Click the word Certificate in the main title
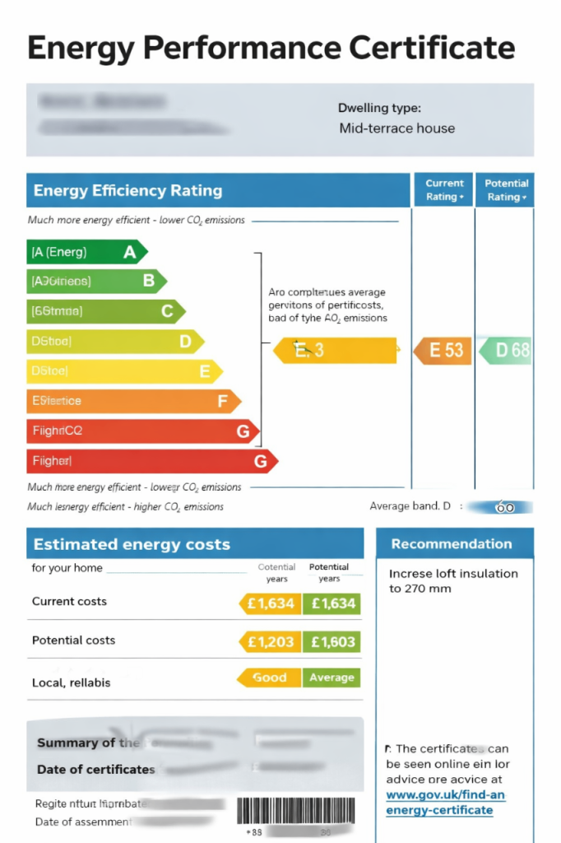click(x=432, y=48)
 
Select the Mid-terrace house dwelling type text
click(x=396, y=128)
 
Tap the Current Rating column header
click(x=444, y=190)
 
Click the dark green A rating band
click(x=86, y=252)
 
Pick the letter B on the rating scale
click(x=149, y=282)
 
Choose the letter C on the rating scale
click(x=167, y=311)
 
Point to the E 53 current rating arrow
click(x=441, y=350)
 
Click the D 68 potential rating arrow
click(x=506, y=350)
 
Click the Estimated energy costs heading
click(x=132, y=544)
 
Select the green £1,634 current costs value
click(x=332, y=603)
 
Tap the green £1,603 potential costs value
click(x=332, y=642)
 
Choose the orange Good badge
click(x=269, y=678)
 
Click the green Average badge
click(x=332, y=678)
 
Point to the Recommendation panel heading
click(x=452, y=544)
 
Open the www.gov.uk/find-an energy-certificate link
click(x=445, y=803)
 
